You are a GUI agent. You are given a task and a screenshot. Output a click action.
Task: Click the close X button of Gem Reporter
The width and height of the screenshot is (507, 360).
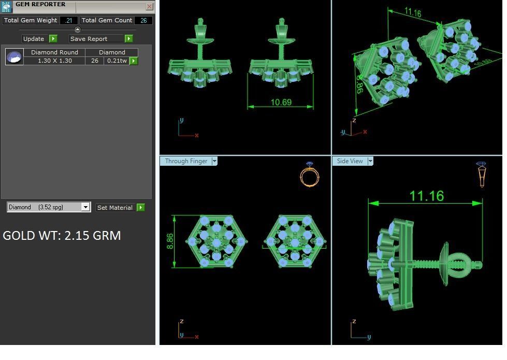click(x=149, y=7)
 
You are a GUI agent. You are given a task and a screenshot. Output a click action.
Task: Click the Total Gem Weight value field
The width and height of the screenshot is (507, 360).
click(x=68, y=20)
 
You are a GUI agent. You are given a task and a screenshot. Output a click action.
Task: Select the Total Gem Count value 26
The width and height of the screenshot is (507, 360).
click(x=143, y=20)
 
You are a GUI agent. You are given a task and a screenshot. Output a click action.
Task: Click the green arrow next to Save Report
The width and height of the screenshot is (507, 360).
click(x=128, y=38)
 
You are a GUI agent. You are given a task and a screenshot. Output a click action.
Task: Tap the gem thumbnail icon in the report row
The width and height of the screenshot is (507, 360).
click(x=15, y=56)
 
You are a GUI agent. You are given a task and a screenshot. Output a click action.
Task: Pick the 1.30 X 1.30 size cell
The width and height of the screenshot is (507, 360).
click(x=54, y=61)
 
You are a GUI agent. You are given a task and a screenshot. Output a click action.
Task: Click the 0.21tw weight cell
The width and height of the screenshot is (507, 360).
click(x=117, y=61)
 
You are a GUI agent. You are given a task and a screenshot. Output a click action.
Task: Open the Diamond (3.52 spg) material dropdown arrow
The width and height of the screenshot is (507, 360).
click(x=85, y=207)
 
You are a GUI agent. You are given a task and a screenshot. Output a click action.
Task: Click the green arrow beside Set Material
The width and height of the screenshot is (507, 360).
click(x=140, y=207)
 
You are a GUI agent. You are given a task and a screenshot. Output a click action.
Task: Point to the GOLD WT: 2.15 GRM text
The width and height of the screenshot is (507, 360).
click(x=62, y=236)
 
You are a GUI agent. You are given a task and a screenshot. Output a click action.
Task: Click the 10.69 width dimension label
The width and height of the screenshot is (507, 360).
click(x=281, y=102)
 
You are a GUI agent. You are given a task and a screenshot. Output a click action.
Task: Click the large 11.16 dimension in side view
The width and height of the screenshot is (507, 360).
click(x=426, y=196)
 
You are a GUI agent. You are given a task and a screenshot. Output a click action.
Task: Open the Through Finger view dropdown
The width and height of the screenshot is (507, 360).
click(x=214, y=161)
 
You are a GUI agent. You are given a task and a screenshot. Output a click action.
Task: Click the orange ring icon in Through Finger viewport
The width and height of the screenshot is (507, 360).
click(x=309, y=175)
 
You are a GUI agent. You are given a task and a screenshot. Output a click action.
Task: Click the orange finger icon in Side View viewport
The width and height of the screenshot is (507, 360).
click(x=481, y=174)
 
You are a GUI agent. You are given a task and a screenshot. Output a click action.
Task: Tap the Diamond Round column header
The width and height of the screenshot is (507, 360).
click(x=54, y=52)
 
